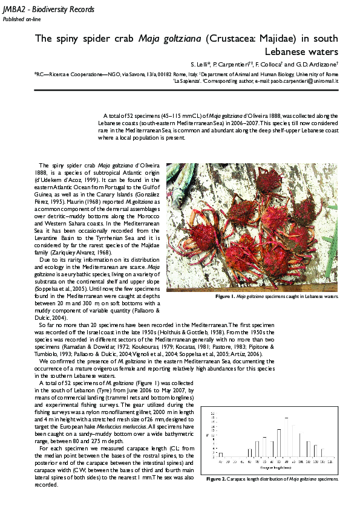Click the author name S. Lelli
tap(199, 65)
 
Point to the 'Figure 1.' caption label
tap(224, 297)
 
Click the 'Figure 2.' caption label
tap(216, 479)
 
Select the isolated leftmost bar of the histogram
tap(220, 454)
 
